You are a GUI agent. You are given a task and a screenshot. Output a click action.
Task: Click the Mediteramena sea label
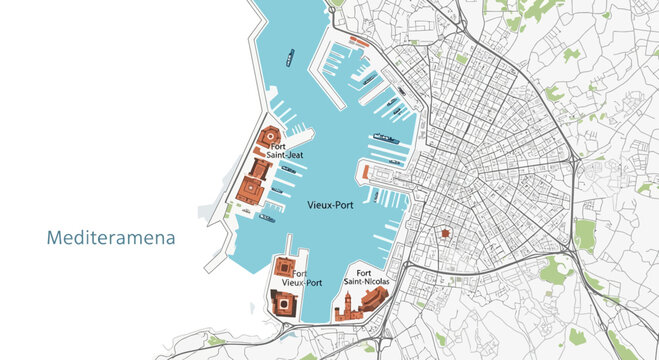111,239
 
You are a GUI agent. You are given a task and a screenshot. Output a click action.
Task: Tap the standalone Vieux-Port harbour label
329,205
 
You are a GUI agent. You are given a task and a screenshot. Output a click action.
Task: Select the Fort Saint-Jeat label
287,151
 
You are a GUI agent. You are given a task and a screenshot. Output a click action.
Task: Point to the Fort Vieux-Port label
304,277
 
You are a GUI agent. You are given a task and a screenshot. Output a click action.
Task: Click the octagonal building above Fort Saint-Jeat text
268,137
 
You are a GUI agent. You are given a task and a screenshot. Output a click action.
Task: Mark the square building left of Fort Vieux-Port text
283,268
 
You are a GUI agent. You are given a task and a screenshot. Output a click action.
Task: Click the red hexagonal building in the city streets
445,233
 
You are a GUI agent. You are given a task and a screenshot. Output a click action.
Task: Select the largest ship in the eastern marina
386,137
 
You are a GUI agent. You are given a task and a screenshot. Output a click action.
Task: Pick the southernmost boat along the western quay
267,217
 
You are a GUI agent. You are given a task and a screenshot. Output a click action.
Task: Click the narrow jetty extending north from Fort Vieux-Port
289,246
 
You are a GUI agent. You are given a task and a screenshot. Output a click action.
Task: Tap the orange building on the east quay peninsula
367,173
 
